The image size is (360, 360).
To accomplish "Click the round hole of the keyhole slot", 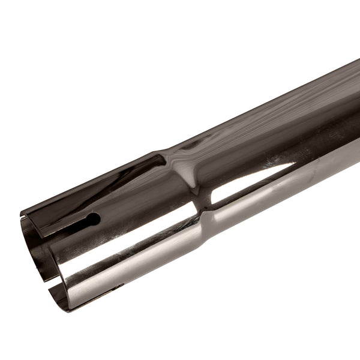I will tap(93, 220).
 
